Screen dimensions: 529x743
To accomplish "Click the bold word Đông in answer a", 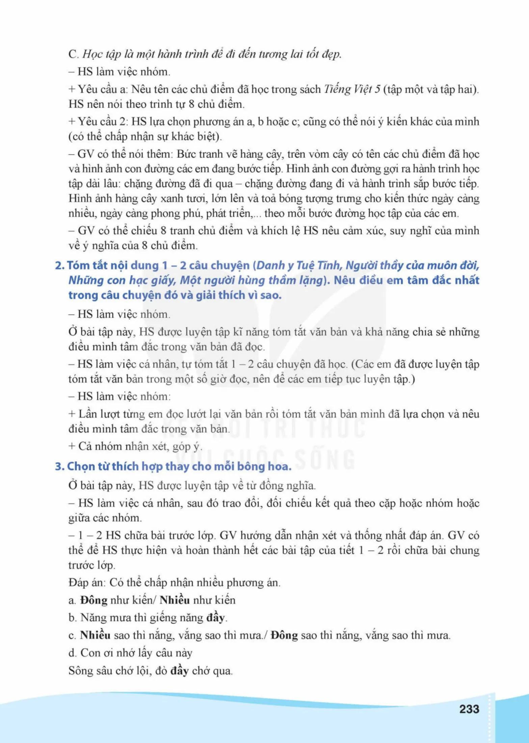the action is (x=94, y=600).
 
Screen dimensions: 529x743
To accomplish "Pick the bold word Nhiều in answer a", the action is (x=175, y=600).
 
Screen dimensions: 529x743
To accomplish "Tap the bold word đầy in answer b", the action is (x=215, y=618).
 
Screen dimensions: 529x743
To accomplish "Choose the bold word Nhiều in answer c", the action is (x=95, y=635).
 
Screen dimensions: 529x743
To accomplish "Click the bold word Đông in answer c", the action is (x=284, y=635).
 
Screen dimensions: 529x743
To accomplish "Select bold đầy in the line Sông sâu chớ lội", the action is (x=179, y=670).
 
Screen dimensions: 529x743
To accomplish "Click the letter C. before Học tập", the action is (x=73, y=54).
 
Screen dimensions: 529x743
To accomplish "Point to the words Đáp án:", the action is (x=87, y=583).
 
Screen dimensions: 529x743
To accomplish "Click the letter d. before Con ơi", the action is (x=73, y=653).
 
